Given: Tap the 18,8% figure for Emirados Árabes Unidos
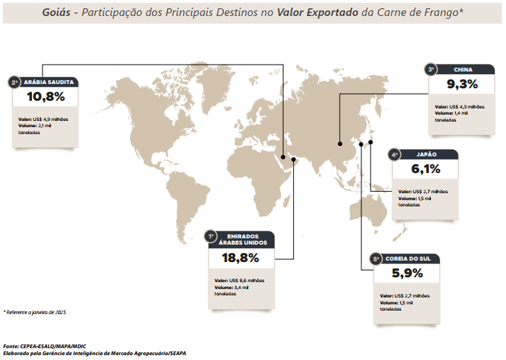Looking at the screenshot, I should coord(240,258).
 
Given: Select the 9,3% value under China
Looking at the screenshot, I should coord(462,85).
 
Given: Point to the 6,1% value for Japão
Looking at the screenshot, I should coord(425,169).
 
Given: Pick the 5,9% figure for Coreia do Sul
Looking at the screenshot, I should coord(407,273).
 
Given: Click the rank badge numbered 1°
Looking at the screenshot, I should coord(210,237).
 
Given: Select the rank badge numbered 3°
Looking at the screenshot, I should coord(431,69).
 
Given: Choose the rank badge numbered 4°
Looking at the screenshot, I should coord(394,155).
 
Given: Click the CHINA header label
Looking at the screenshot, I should coord(463,69).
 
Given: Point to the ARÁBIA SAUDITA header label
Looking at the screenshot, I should coord(49,82).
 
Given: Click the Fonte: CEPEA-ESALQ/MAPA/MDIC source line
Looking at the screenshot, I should coord(48,345).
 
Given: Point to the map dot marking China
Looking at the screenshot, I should coord(340,144).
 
